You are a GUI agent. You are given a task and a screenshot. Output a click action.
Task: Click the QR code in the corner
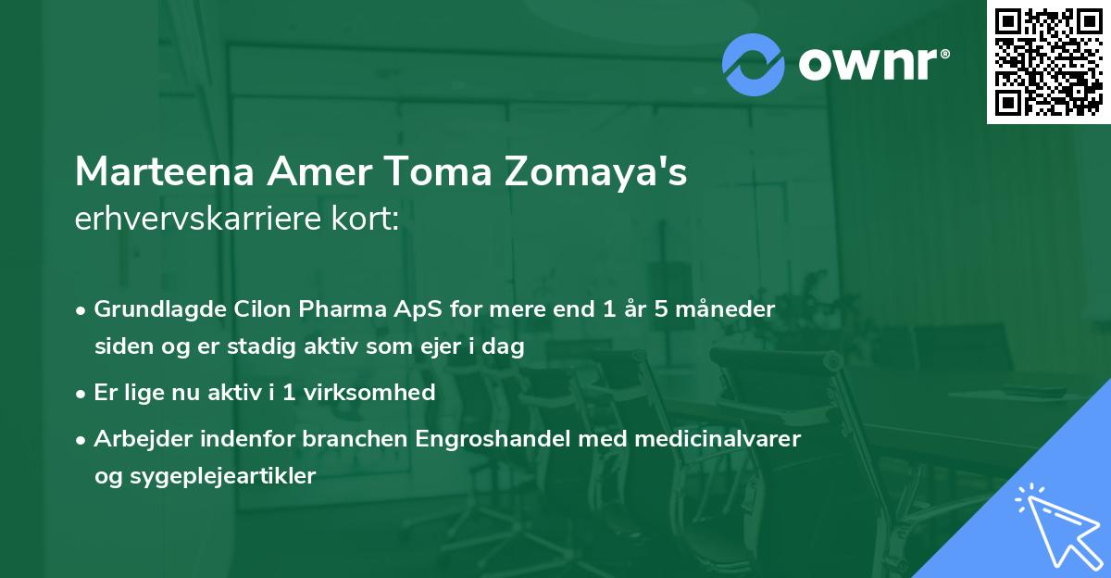point(1048,61)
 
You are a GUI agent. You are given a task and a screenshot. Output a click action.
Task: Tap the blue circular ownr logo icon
point(753,64)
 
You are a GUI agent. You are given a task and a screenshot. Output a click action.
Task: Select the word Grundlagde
point(154,308)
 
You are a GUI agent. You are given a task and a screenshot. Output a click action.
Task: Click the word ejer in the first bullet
point(449,346)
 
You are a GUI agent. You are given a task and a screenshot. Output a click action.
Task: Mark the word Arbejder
point(138,437)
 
